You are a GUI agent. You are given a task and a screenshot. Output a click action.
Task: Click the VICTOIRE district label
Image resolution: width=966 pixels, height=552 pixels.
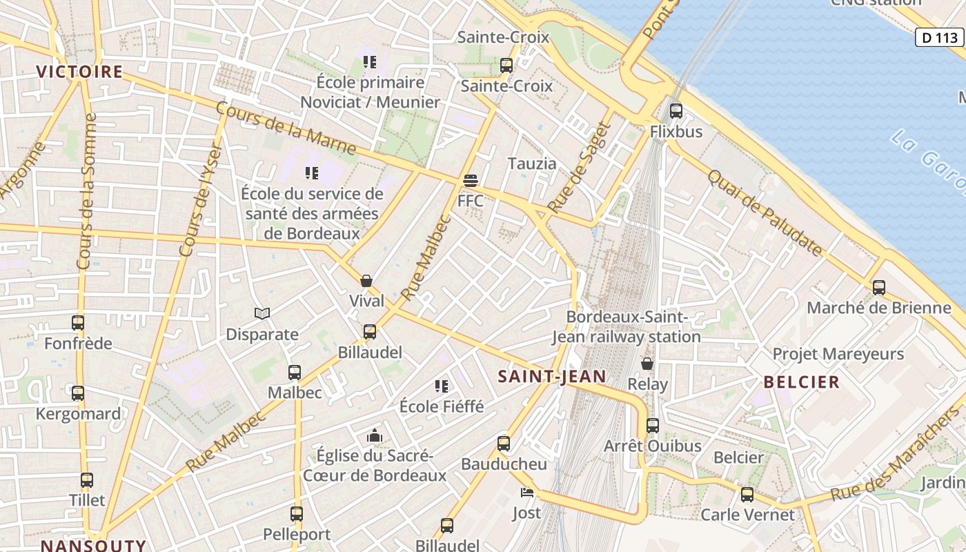[79, 72]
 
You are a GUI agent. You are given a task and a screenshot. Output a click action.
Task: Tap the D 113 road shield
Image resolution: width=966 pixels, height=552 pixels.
[940, 37]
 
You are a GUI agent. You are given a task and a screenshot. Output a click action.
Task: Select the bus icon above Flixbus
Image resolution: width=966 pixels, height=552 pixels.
[676, 110]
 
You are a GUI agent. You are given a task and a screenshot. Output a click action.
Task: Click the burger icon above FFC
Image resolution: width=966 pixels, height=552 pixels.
[471, 181]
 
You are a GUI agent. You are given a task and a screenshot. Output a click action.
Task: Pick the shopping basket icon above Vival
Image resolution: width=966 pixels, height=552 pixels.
[366, 281]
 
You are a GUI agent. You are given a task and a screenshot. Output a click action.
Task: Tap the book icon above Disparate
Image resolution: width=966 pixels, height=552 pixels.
[262, 314]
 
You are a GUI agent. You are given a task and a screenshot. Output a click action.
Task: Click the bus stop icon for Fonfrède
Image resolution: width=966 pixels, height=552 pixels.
[78, 322]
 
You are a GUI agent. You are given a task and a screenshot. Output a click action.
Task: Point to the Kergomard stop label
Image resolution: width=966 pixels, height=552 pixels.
[78, 414]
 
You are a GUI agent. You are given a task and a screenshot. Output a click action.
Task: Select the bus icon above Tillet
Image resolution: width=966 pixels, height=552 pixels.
[87, 480]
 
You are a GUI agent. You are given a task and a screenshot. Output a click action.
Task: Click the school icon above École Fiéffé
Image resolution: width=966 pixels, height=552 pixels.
[442, 386]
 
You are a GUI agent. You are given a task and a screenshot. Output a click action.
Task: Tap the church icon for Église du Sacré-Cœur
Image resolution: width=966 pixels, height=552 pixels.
[375, 435]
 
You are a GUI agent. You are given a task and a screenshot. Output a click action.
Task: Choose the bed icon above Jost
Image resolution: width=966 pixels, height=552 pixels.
[527, 492]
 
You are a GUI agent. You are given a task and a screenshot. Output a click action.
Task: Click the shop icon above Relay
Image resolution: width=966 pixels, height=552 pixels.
[647, 364]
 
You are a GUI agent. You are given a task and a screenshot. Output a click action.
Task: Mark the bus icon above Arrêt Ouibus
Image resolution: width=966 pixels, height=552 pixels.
[653, 425]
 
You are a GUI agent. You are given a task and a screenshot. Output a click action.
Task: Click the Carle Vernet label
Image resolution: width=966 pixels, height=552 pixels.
[747, 515]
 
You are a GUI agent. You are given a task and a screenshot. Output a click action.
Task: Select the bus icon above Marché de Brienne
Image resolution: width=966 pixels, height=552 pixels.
[879, 287]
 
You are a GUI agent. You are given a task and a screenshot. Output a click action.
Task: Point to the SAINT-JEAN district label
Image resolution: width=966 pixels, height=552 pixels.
[552, 377]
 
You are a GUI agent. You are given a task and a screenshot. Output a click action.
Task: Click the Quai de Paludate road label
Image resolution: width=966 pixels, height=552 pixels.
[765, 213]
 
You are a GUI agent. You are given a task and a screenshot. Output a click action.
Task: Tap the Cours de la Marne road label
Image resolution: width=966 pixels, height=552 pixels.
[286, 129]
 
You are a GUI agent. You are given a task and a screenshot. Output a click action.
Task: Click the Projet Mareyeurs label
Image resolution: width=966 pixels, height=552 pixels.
[838, 354]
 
